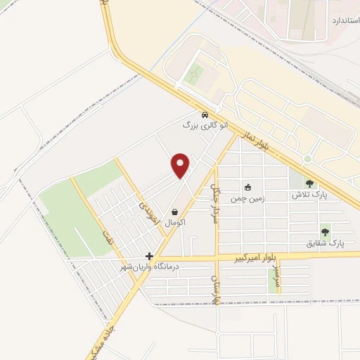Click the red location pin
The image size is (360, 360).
click(x=181, y=165)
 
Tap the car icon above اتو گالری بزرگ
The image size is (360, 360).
click(x=205, y=115)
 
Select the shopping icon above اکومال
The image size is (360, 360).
click(x=174, y=212)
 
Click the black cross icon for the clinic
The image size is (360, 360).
click(x=149, y=257)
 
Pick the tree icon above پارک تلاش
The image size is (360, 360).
click(x=310, y=184)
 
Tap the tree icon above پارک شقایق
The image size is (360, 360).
click(x=325, y=231)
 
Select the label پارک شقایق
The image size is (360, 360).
click(x=325, y=243)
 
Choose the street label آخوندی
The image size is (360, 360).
click(x=146, y=203)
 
